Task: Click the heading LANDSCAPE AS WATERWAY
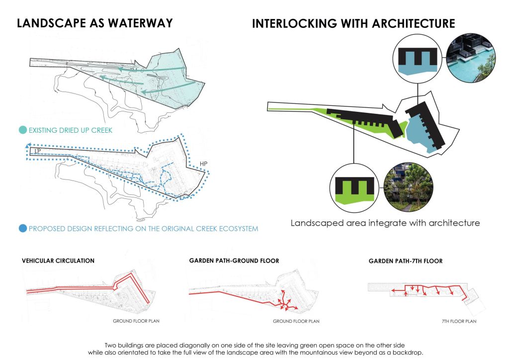(x=94, y=23)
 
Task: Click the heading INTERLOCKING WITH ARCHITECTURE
(x=353, y=24)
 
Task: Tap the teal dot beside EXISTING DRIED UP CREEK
(x=23, y=130)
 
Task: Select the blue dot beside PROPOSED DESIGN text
(x=23, y=229)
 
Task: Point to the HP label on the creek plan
(x=203, y=164)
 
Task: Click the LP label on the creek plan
(x=38, y=151)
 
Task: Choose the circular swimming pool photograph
(x=471, y=58)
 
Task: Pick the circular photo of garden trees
(x=409, y=187)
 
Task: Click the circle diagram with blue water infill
(x=418, y=59)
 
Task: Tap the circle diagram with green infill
(x=354, y=188)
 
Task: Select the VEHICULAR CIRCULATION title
(x=58, y=261)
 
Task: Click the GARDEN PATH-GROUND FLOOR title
(x=234, y=261)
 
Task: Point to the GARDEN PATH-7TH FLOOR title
(x=406, y=261)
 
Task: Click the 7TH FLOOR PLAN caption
(x=459, y=321)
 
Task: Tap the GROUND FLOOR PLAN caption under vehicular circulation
(x=136, y=321)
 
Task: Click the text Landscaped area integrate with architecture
(x=385, y=223)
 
